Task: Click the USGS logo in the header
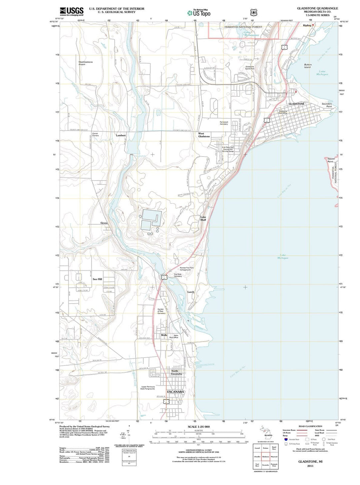pos(71,12)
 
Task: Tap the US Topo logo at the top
pos(199,13)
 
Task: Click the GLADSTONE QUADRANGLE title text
pos(317,8)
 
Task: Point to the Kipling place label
pos(307,25)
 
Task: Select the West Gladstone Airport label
pos(86,63)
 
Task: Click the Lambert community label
pos(121,135)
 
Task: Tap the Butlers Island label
pos(308,66)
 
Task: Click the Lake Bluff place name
pos(203,219)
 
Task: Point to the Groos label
pos(104,223)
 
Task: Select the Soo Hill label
pos(97,279)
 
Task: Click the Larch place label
pos(190,292)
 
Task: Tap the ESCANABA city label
pos(175,392)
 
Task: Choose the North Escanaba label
pos(175,372)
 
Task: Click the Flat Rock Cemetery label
pos(178,275)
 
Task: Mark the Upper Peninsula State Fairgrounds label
pos(148,388)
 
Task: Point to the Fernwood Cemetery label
pos(224,123)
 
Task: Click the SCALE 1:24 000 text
pos(199,427)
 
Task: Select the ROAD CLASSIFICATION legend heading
pos(310,426)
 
